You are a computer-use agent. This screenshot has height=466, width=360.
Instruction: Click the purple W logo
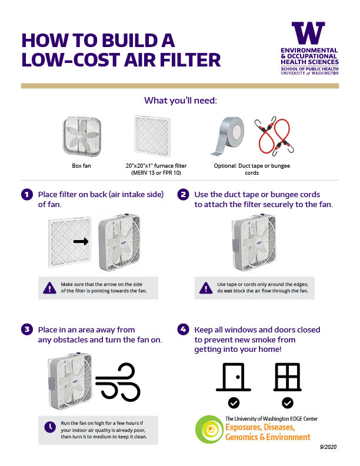click(x=308, y=34)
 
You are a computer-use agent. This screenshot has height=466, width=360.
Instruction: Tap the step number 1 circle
click(x=26, y=195)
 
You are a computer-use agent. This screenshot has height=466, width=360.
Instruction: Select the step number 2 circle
click(x=184, y=195)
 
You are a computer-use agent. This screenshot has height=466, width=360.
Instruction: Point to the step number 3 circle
click(x=26, y=329)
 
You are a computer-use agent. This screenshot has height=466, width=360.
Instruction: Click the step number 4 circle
click(x=184, y=329)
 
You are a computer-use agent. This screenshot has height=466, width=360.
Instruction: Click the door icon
click(x=234, y=377)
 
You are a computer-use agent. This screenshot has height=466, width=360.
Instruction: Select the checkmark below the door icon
click(x=234, y=403)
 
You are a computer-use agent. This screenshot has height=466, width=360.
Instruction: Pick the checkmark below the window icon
click(x=288, y=403)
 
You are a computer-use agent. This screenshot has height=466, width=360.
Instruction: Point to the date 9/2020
click(x=325, y=447)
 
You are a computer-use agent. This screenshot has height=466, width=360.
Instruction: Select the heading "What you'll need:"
click(x=181, y=101)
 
